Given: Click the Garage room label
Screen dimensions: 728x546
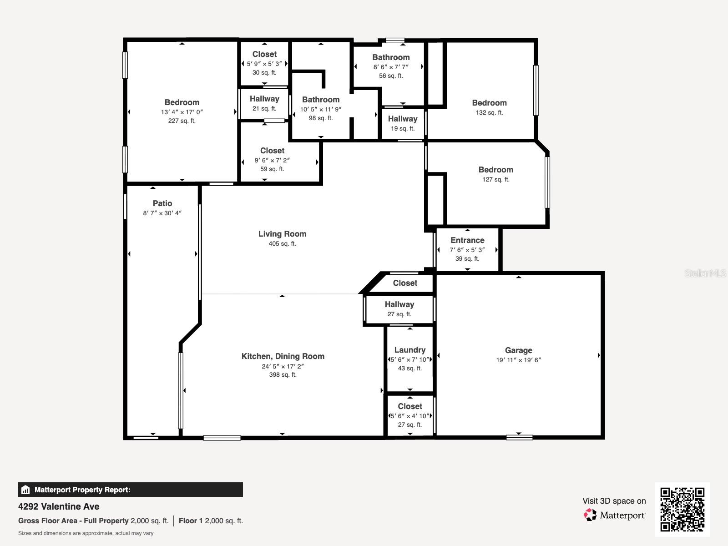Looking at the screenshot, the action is (x=518, y=350).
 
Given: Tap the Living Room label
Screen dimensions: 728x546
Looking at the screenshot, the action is (x=282, y=234).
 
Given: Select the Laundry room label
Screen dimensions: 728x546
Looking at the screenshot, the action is (x=410, y=350).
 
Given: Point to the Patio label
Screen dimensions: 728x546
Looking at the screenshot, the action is (x=162, y=203).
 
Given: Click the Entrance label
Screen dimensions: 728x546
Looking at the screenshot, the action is (x=467, y=240).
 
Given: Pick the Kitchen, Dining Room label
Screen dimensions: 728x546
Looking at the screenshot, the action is (x=283, y=356).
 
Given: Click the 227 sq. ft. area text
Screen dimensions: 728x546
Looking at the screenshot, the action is (x=182, y=121).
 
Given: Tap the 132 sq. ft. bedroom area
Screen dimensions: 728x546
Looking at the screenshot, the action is (x=489, y=112).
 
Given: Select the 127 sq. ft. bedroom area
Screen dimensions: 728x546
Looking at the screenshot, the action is (x=496, y=179).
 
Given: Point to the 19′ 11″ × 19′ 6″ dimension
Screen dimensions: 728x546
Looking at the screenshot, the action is (x=518, y=360).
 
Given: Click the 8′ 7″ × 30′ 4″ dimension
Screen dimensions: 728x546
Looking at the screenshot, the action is (x=162, y=213).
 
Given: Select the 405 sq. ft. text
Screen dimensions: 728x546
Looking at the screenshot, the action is (x=282, y=244).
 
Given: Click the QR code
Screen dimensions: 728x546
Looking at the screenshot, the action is (x=682, y=510).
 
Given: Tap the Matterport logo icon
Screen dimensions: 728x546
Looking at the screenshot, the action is (x=590, y=515).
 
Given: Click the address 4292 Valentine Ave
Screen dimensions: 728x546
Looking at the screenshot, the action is (x=59, y=506).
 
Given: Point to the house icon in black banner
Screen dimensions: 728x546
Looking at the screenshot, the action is (x=25, y=490).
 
